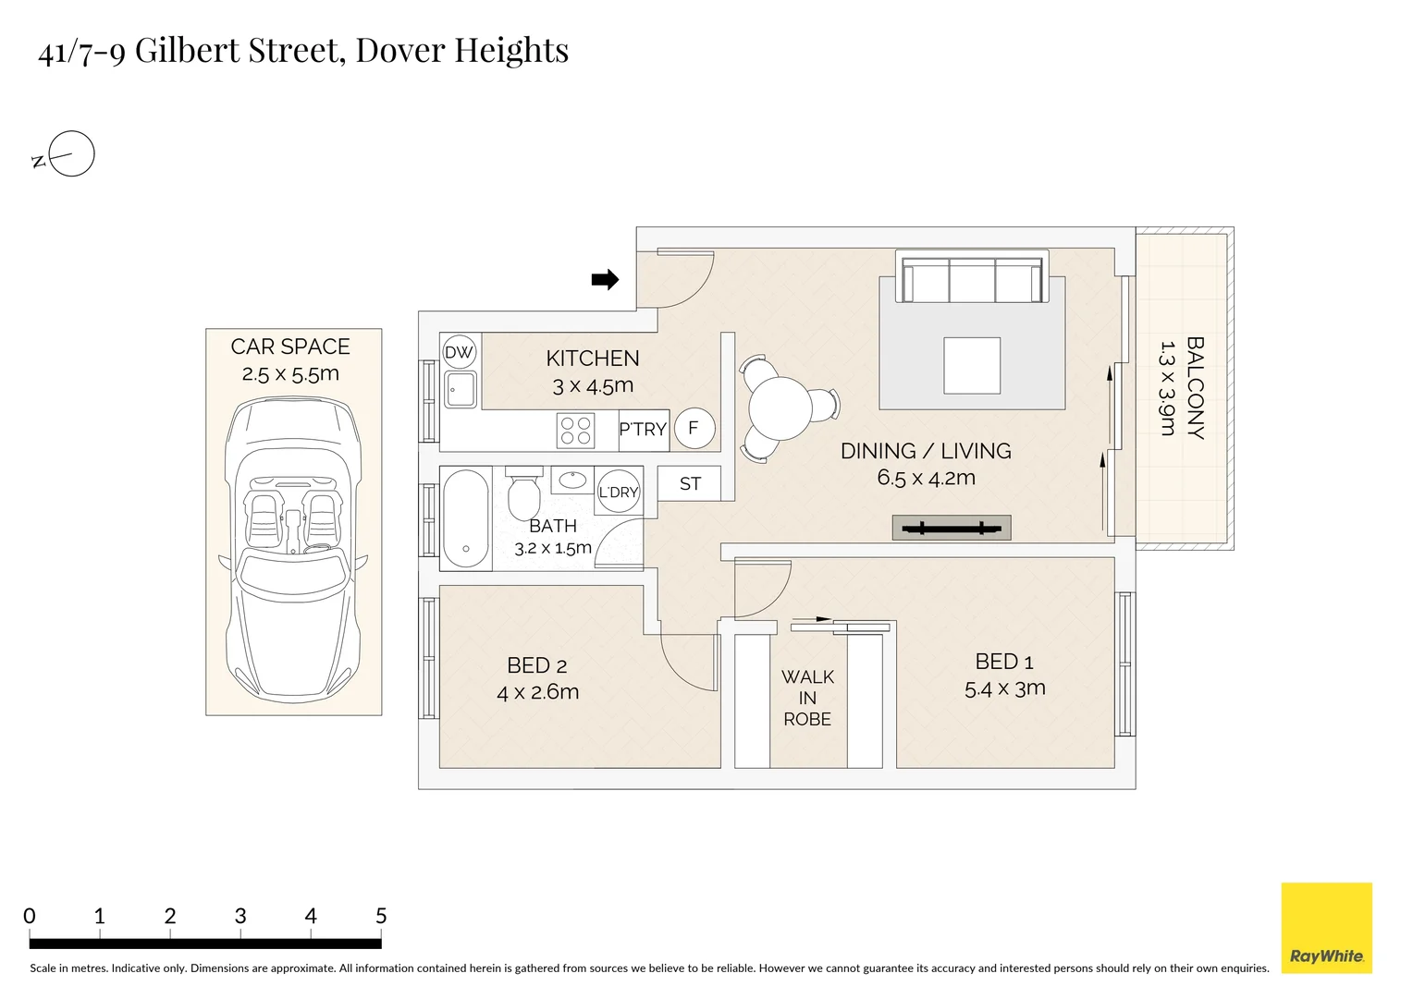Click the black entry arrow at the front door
605,279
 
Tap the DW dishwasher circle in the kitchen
459,352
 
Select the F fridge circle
694,429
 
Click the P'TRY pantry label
643,430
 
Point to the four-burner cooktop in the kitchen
575,431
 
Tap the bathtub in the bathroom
466,518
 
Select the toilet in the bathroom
524,495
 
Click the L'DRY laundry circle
618,493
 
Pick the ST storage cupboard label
690,483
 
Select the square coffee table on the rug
972,366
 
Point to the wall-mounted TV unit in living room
952,529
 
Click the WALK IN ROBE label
807,698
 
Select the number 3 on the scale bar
240,916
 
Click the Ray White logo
1326,928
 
